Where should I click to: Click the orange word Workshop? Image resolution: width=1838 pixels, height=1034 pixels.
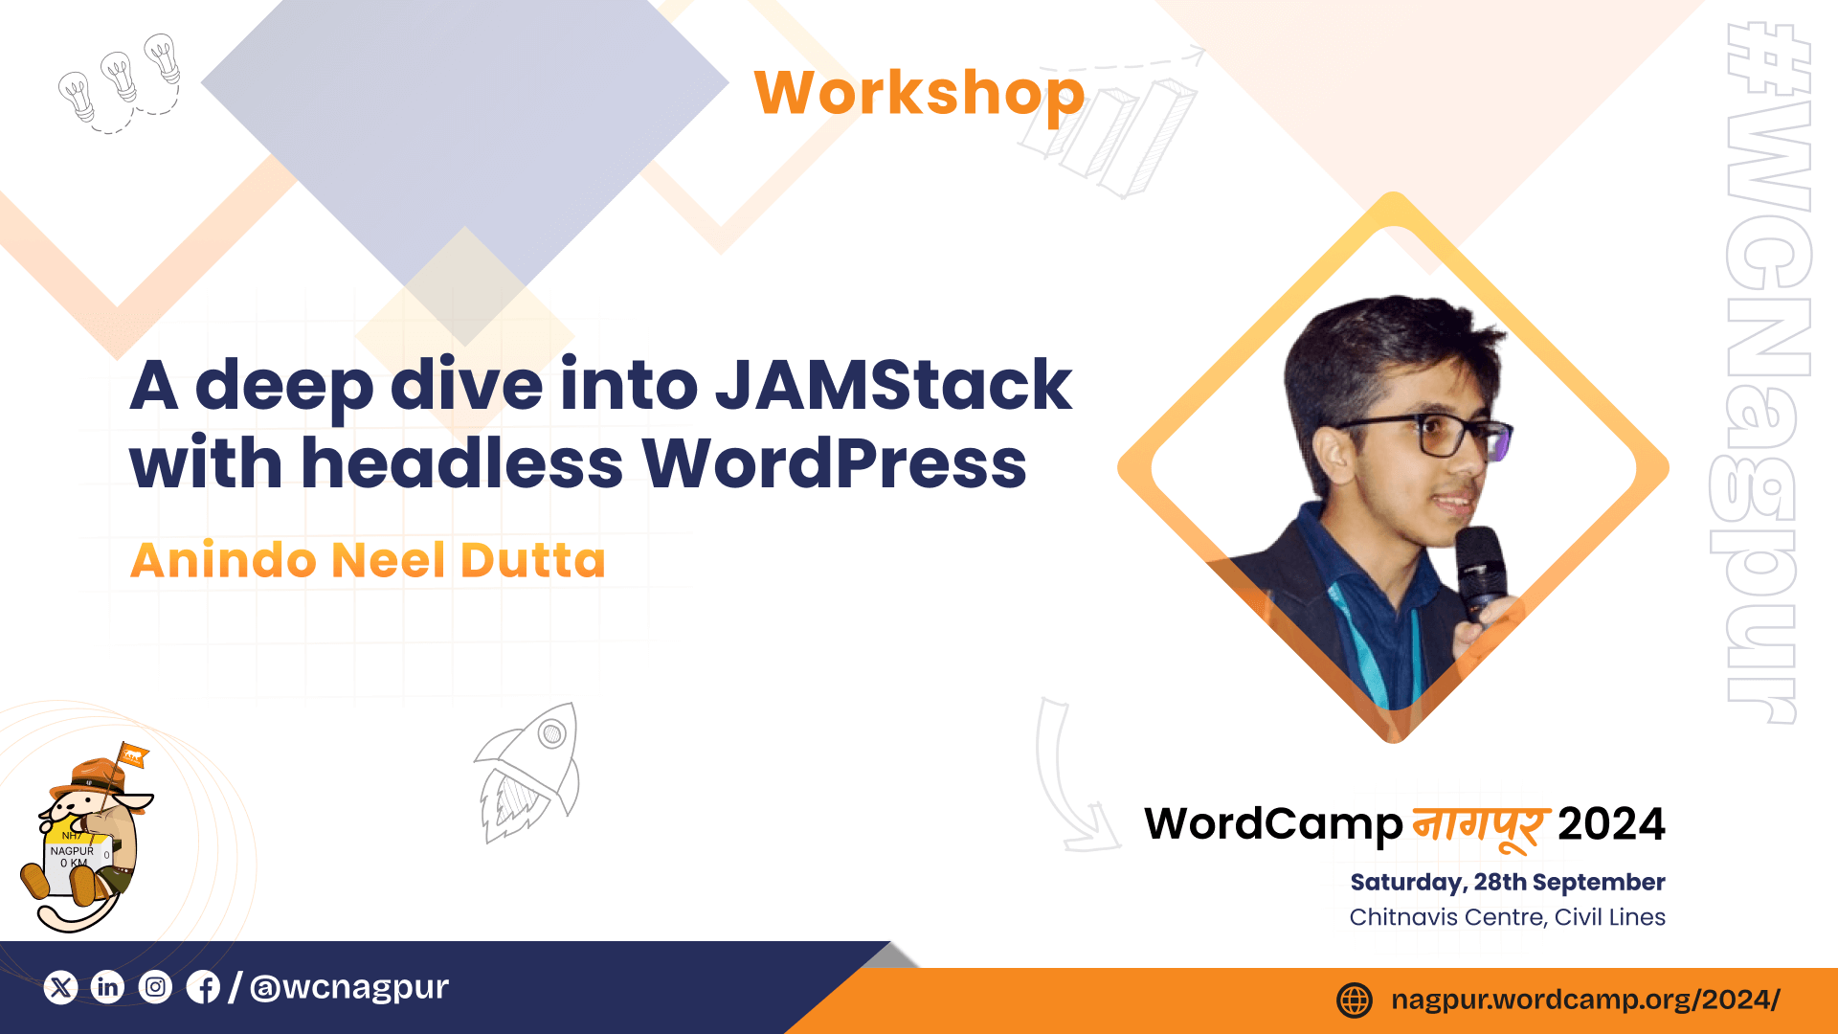[919, 93]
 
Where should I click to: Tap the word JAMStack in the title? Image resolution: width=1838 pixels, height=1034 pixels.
[893, 385]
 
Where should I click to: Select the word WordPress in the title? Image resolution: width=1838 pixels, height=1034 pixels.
[834, 463]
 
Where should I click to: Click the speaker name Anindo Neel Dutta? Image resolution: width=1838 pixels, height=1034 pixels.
[369, 560]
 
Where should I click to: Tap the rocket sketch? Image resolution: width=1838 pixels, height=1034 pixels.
[527, 773]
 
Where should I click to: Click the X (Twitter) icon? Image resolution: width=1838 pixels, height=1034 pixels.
[60, 987]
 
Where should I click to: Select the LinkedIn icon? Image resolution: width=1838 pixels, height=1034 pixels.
[108, 987]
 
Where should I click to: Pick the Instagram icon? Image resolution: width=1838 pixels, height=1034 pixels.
[155, 987]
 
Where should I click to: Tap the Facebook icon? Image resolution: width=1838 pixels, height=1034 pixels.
[203, 987]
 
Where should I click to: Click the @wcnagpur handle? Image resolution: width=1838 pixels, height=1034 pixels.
[349, 987]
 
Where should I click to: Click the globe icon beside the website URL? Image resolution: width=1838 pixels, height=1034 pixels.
[1355, 1000]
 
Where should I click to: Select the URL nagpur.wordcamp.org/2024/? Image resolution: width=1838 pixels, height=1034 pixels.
[1585, 1000]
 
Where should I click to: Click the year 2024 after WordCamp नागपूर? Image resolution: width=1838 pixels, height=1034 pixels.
[1612, 824]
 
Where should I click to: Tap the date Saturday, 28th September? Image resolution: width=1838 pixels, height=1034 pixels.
[1508, 882]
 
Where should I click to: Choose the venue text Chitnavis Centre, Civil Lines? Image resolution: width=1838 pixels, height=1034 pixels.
[1508, 917]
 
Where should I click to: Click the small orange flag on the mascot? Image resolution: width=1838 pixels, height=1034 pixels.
[133, 756]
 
